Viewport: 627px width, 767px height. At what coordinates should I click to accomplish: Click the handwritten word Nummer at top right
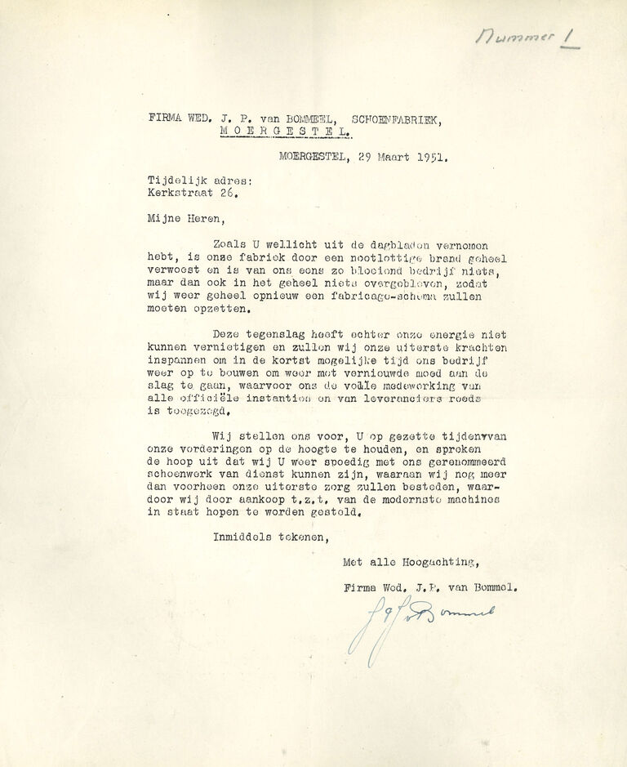(515, 36)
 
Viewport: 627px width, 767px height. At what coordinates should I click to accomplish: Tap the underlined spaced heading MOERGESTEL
(286, 131)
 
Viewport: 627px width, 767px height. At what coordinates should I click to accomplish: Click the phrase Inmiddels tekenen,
(270, 537)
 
